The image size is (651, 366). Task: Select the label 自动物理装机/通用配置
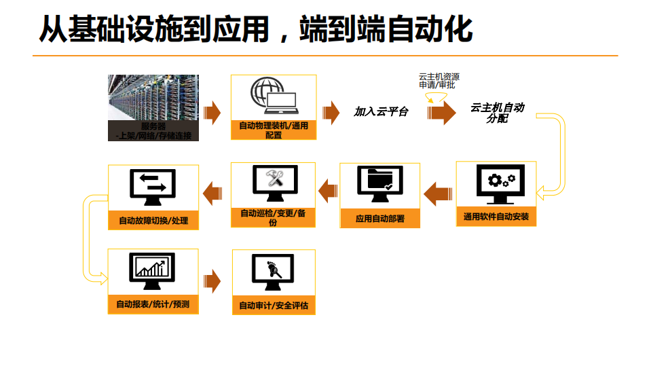tap(274, 130)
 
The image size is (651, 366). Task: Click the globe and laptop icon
tap(273, 97)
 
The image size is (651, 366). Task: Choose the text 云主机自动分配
tap(498, 113)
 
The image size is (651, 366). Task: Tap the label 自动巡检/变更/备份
tap(273, 217)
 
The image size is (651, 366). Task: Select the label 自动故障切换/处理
tap(153, 221)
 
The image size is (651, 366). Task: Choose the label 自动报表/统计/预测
tap(153, 304)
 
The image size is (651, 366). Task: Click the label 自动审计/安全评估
tap(274, 306)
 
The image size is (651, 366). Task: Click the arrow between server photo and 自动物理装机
tap(212, 112)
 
